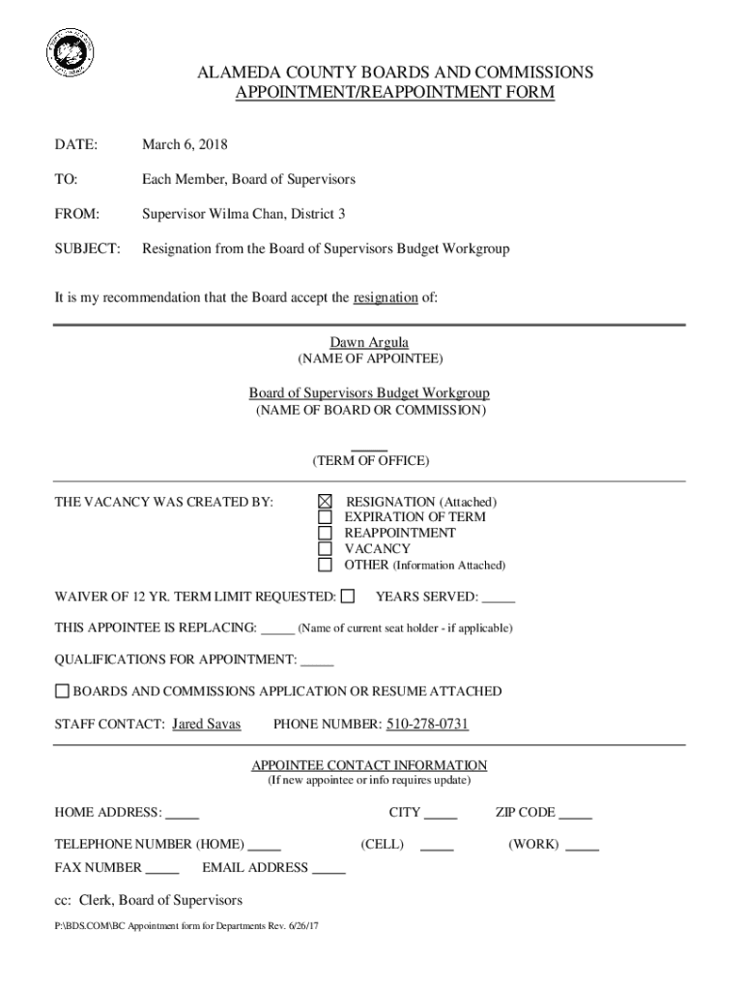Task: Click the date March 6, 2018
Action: tap(185, 145)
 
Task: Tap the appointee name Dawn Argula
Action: tap(369, 342)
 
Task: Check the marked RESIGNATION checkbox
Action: tap(325, 502)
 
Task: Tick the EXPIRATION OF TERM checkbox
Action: tap(325, 517)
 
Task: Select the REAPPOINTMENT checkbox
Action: tap(325, 533)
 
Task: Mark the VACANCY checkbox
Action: tap(325, 548)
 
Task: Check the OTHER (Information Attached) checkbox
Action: tap(325, 565)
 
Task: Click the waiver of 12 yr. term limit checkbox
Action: tap(348, 597)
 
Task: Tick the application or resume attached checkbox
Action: tap(62, 691)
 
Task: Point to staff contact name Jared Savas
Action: tap(206, 724)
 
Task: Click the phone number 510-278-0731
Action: tap(428, 724)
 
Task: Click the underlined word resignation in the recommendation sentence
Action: tap(386, 298)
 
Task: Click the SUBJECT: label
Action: tap(87, 248)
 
